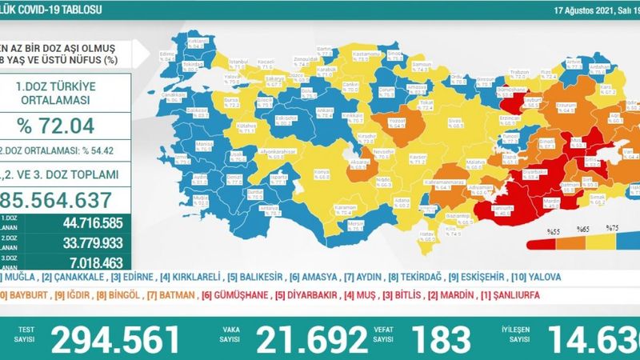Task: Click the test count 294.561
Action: coord(115,341)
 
